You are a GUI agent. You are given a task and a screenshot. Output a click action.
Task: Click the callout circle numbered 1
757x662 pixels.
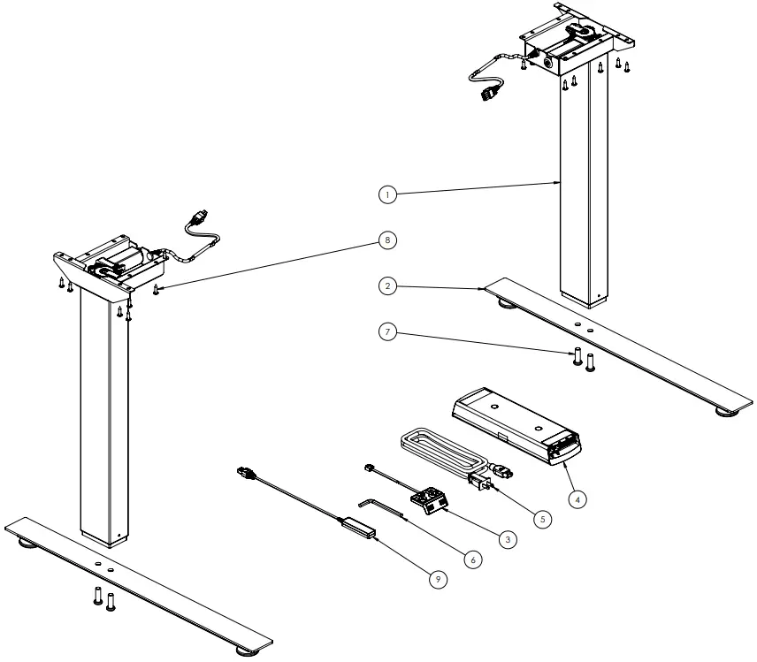386,194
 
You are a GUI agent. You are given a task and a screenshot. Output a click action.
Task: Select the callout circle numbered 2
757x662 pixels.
386,286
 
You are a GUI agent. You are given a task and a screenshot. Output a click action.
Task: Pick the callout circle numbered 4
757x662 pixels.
577,499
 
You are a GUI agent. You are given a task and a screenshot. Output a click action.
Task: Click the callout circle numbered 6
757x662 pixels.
473,559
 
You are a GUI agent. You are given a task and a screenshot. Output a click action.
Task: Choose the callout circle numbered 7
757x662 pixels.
386,333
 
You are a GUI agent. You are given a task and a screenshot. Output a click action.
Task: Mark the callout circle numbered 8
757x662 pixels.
386,240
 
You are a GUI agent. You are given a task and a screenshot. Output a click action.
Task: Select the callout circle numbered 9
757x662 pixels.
437,579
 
